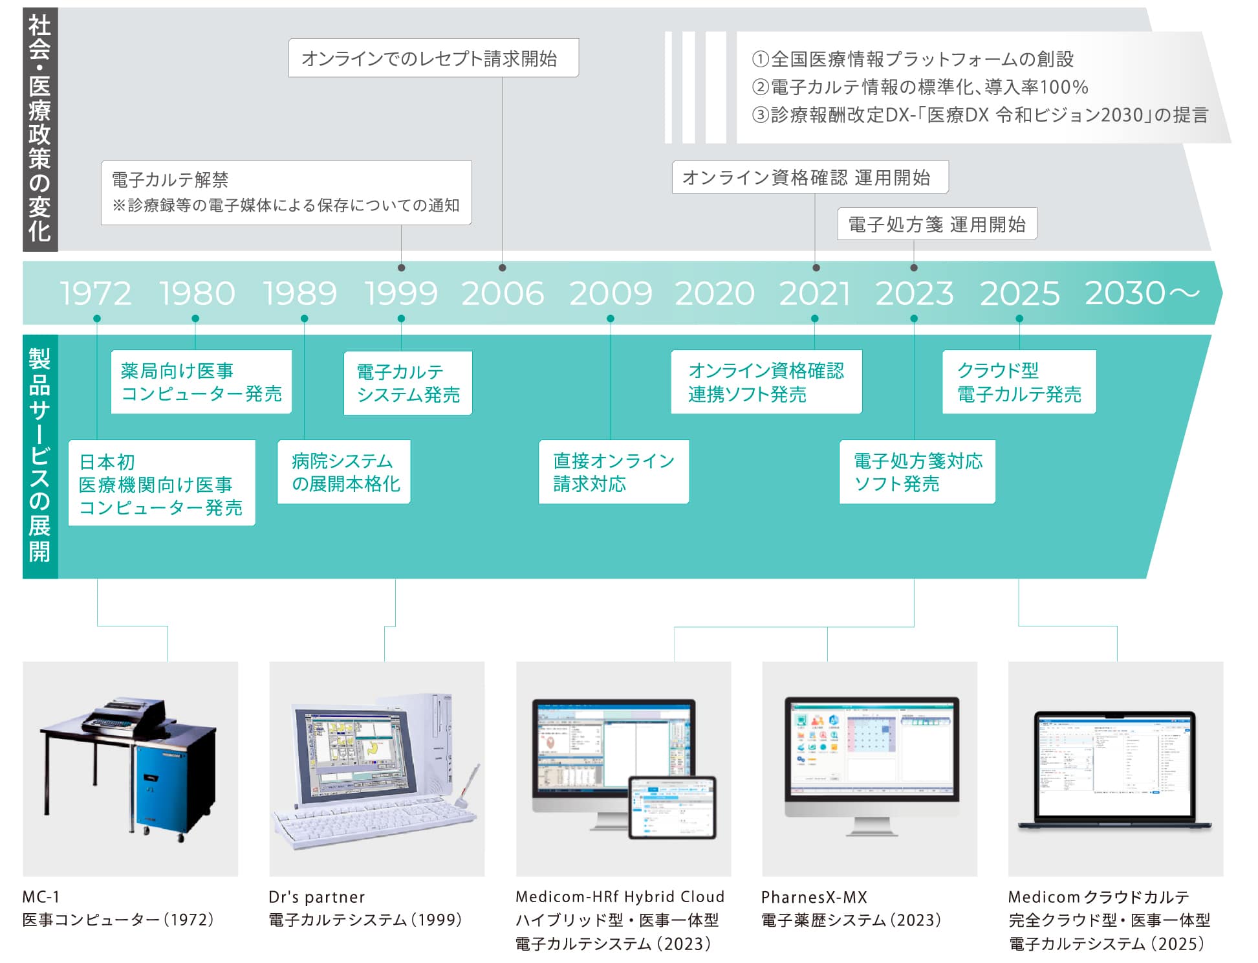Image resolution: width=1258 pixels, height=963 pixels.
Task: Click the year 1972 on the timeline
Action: click(x=96, y=293)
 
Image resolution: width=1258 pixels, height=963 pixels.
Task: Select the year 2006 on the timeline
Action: click(x=503, y=293)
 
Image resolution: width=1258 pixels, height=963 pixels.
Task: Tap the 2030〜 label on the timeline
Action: click(x=1142, y=293)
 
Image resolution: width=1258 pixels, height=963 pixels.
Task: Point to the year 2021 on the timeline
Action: click(x=814, y=293)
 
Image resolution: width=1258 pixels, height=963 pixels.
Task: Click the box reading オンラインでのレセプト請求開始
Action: click(x=433, y=58)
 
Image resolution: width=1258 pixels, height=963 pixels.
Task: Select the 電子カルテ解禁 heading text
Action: click(x=170, y=179)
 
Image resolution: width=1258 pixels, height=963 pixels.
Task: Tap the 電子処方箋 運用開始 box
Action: click(x=937, y=224)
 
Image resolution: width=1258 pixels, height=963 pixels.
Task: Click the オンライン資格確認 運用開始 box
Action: click(x=810, y=177)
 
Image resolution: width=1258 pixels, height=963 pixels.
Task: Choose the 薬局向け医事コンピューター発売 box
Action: click(x=201, y=382)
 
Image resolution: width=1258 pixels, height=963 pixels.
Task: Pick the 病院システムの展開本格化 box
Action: click(x=344, y=472)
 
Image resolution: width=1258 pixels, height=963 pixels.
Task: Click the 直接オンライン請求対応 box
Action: click(x=613, y=472)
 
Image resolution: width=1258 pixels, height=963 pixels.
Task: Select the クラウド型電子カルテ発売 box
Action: click(x=1019, y=382)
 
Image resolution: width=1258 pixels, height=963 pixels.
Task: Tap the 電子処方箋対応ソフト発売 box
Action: click(x=916, y=472)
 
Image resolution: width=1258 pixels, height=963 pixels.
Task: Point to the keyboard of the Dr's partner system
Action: click(x=372, y=822)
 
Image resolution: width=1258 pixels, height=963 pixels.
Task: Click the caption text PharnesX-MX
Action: click(x=814, y=897)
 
